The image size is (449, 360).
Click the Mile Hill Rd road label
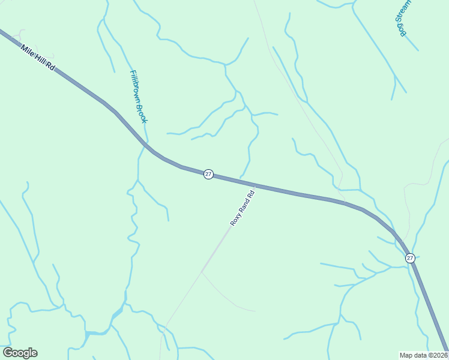click(x=37, y=58)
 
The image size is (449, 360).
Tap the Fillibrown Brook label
click(x=138, y=97)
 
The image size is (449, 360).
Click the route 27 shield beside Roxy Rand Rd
click(x=208, y=174)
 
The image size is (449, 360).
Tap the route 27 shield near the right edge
click(x=410, y=258)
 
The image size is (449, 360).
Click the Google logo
click(x=20, y=353)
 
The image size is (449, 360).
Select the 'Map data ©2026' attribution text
click(x=423, y=355)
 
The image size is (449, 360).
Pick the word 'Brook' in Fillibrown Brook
click(x=142, y=113)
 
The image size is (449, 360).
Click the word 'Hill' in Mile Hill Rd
click(x=39, y=59)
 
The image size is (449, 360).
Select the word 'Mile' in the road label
click(x=26, y=50)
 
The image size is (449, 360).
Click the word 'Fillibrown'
click(x=135, y=86)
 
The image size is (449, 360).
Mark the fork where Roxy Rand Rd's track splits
click(x=202, y=272)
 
